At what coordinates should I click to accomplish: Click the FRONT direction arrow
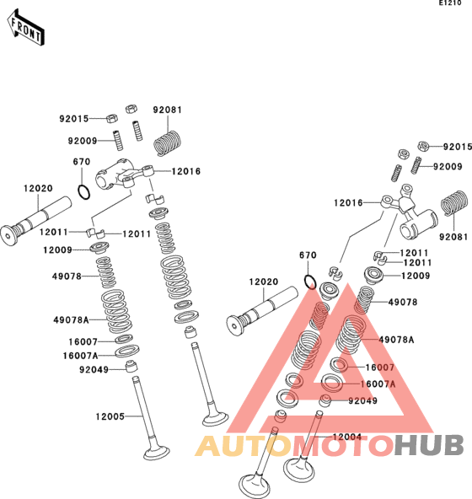(x=25, y=28)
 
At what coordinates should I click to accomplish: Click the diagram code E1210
(x=450, y=3)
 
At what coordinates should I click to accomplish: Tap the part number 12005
(x=110, y=416)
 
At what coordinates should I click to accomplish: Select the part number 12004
(x=347, y=437)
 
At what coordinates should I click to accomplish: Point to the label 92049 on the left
(x=94, y=369)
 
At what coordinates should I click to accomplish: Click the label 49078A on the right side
(x=397, y=340)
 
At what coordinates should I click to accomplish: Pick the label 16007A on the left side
(x=81, y=356)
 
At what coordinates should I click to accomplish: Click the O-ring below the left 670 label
(x=84, y=192)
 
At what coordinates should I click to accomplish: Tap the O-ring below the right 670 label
(x=311, y=282)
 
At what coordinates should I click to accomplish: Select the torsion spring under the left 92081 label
(x=167, y=143)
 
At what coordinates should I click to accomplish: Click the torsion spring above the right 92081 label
(x=453, y=203)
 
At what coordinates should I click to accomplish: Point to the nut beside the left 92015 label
(x=112, y=118)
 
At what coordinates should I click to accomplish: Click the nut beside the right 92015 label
(x=424, y=146)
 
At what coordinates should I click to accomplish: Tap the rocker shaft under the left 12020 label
(x=35, y=221)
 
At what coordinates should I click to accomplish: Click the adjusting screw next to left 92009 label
(x=118, y=140)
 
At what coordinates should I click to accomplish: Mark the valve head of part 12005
(x=156, y=453)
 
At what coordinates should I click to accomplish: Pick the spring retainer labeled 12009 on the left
(x=99, y=248)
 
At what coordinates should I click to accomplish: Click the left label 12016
(x=186, y=171)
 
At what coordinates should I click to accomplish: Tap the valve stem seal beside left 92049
(x=131, y=366)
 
